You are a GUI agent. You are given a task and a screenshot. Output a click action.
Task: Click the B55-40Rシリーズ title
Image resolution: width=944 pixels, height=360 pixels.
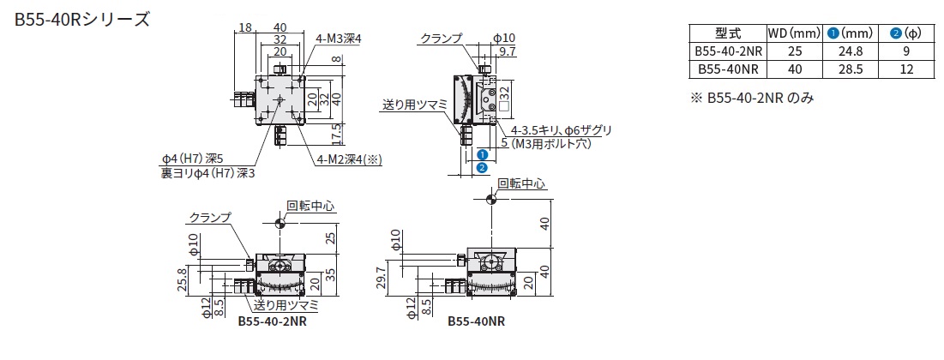[x=81, y=19]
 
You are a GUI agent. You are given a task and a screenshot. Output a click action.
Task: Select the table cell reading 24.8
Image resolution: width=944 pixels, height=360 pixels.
[x=851, y=51]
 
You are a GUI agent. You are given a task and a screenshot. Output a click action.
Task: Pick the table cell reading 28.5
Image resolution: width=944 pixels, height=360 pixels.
[x=851, y=69]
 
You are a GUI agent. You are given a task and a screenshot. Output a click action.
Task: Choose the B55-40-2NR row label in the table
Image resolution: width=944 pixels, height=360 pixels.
[x=727, y=51]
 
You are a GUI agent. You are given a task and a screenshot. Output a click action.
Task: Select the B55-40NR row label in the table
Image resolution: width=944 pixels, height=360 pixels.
[x=727, y=69]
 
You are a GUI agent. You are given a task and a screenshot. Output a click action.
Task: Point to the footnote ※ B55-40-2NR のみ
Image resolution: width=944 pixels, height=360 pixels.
[x=751, y=98]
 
